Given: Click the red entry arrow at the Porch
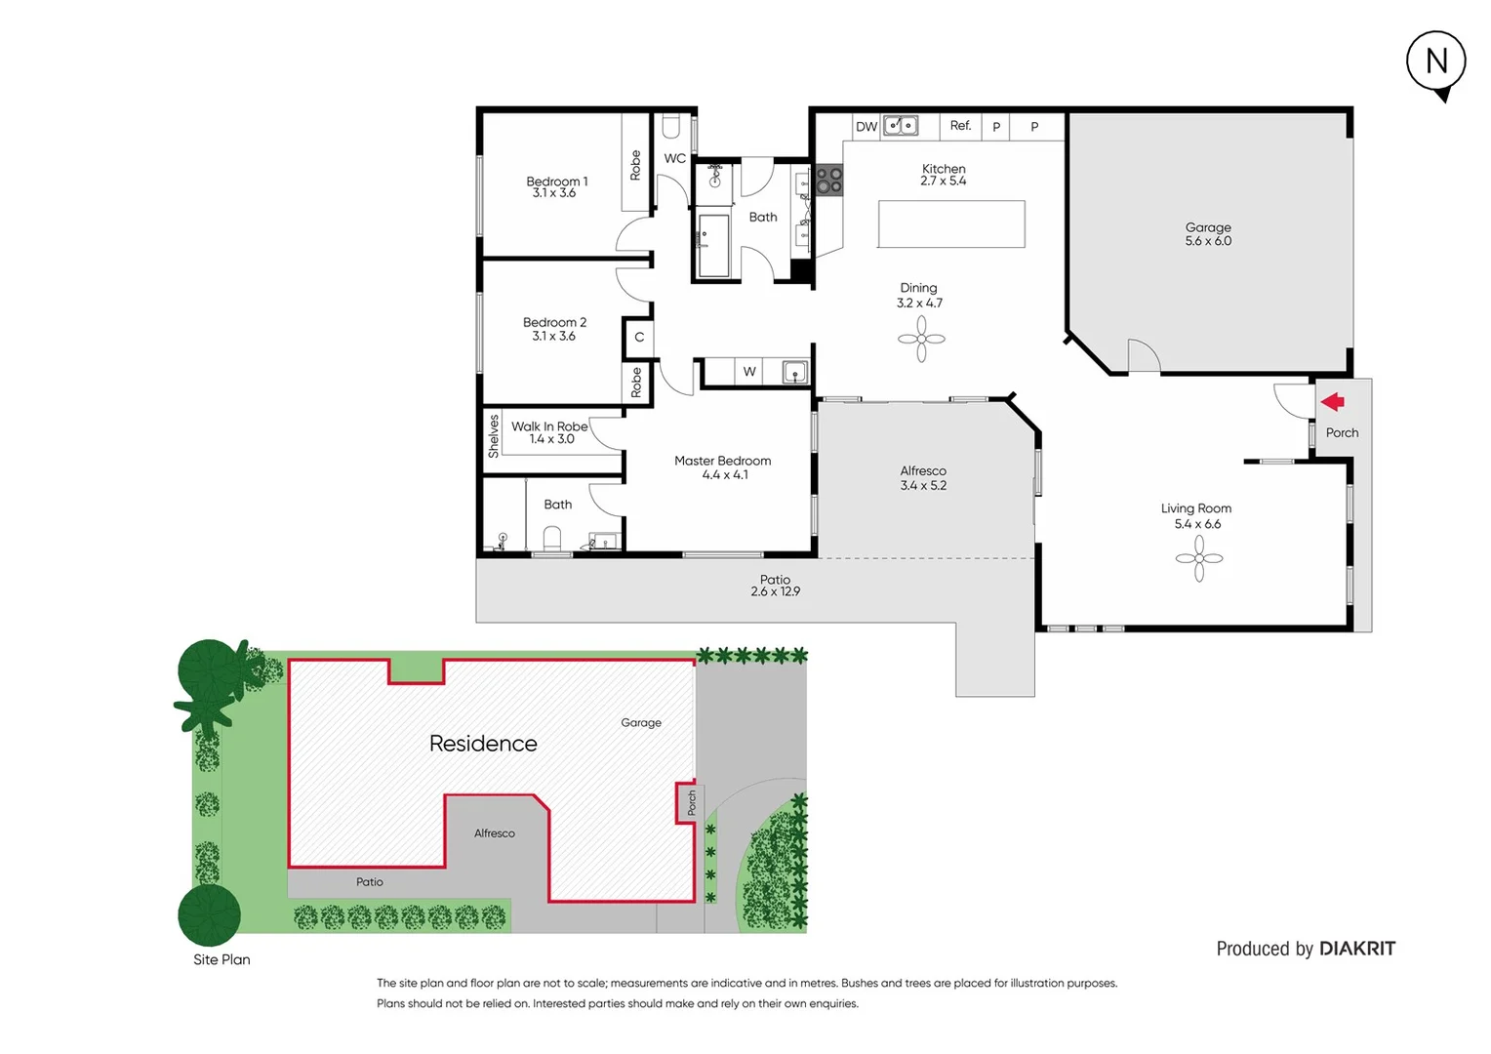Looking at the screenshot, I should click(1333, 402).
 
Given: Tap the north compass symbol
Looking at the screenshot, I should click(1436, 62).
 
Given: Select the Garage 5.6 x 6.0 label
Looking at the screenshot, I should click(1208, 234).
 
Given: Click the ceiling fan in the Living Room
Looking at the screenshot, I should click(1198, 558).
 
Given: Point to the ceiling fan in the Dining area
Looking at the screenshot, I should click(921, 340).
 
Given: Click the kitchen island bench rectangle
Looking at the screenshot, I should click(951, 224).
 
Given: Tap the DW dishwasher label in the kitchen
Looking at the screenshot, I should click(866, 127).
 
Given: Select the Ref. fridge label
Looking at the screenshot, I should click(961, 126).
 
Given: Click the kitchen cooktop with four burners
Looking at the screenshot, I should click(829, 181).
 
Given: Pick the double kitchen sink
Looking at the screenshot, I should click(901, 126).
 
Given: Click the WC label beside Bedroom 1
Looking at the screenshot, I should click(674, 158).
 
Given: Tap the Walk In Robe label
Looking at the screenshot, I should click(550, 432).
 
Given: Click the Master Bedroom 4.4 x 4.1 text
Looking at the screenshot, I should click(723, 467).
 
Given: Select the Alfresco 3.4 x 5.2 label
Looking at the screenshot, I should click(923, 478).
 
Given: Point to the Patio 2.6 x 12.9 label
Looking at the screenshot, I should click(776, 586).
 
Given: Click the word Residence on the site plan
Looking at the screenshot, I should click(483, 744).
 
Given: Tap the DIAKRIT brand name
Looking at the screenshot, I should click(1357, 949).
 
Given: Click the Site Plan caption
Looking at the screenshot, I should click(222, 959).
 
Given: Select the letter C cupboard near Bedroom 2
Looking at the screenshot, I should click(639, 338).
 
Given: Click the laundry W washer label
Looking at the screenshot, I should click(749, 372).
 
